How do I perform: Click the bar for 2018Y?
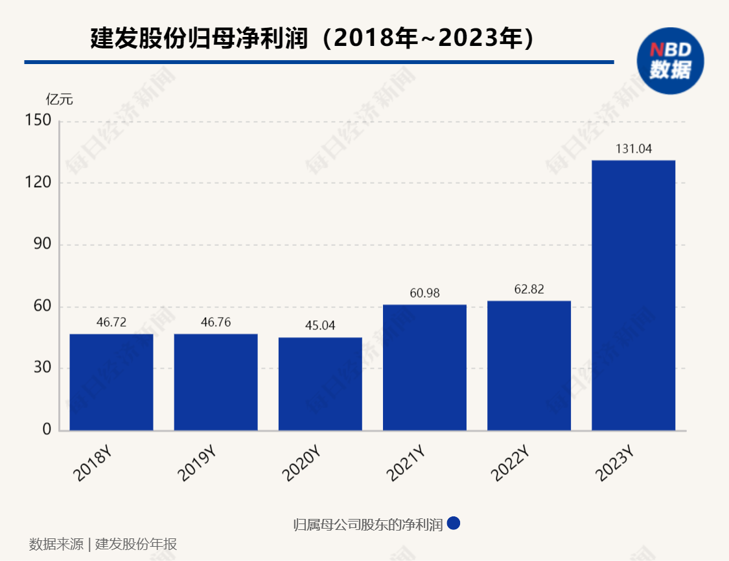111,382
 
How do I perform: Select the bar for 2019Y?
216,382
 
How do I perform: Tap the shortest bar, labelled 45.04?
320,384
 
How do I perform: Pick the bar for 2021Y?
424,368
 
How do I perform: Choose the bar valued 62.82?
529,366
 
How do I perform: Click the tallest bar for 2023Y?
633,295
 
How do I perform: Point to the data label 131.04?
632,149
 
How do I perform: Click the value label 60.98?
424,293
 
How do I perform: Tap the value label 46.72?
111,322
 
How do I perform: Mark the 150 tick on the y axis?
38,120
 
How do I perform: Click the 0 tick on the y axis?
47,430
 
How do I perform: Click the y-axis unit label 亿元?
59,100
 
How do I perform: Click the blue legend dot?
454,523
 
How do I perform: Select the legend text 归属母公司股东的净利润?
367,524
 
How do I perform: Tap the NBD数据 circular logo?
670,60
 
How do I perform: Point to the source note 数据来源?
56,544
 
